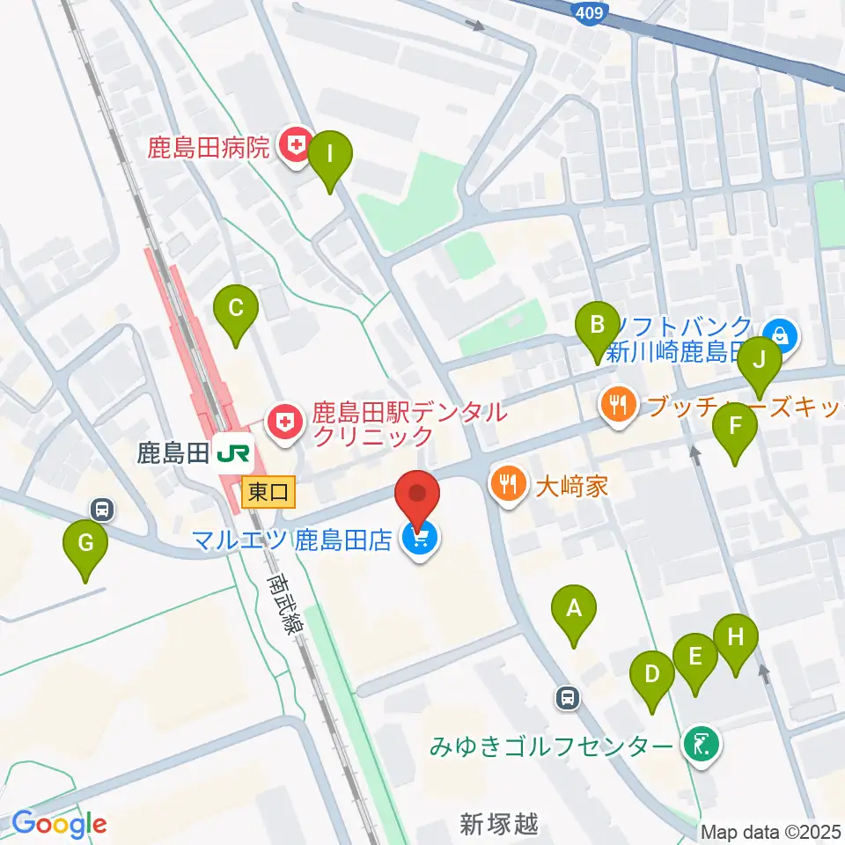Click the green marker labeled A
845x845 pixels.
[x=574, y=608]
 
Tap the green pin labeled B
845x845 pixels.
[x=597, y=325]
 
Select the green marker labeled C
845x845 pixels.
[x=236, y=309]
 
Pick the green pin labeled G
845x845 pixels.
[x=85, y=544]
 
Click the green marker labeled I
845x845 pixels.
[x=330, y=155]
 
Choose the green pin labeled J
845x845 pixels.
[x=759, y=360]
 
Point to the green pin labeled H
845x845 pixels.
[x=736, y=636]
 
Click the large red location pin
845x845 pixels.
[x=418, y=497]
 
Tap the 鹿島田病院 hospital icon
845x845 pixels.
[x=293, y=144]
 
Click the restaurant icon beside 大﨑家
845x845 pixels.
[x=508, y=483]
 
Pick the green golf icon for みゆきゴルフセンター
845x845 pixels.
[x=702, y=746]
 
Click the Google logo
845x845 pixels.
[x=60, y=824]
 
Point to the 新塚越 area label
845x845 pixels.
[x=498, y=825]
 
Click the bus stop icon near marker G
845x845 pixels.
[x=103, y=509]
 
